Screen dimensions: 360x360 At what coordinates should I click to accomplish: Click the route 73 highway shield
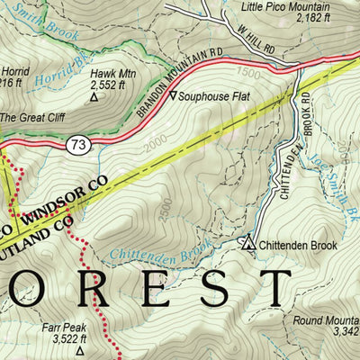click(78, 143)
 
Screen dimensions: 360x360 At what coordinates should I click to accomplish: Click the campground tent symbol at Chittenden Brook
click(248, 241)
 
